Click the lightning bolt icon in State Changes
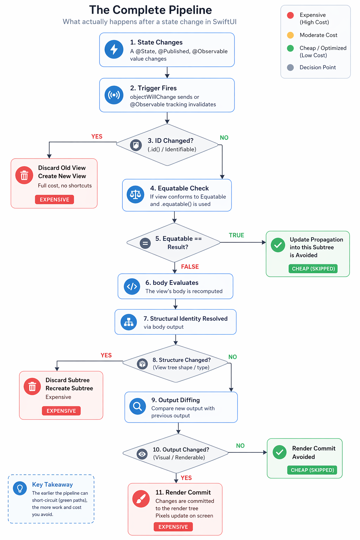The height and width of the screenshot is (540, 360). pos(114,49)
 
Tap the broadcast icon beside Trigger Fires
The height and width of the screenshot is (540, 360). pos(114,95)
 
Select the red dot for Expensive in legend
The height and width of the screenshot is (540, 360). pos(290,15)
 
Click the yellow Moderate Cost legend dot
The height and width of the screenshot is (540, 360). pos(290,35)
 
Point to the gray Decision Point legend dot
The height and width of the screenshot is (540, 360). pos(290,67)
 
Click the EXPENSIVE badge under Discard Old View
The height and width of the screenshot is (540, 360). pos(54,199)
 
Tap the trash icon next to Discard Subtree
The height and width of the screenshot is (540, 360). pos(32,387)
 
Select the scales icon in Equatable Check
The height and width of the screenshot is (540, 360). pos(135,194)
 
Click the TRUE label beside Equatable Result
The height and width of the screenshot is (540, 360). pos(236,235)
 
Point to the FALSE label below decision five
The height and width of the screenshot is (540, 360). pos(190,267)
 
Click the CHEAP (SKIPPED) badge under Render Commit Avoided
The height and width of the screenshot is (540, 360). pos(312,470)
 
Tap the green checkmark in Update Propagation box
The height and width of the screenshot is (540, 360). pos(278,245)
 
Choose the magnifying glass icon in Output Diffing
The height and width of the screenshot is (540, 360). pos(137,406)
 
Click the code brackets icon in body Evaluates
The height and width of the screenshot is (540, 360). pos(132,287)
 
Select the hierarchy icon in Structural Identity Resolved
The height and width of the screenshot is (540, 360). pos(129,322)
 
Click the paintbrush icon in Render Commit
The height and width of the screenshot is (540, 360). pos(141,499)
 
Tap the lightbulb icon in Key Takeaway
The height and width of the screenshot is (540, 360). pos(20,488)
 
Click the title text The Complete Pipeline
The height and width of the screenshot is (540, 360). pos(150,10)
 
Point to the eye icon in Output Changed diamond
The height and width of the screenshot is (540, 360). pos(142,454)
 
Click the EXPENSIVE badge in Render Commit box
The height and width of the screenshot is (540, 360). pos(173,527)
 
